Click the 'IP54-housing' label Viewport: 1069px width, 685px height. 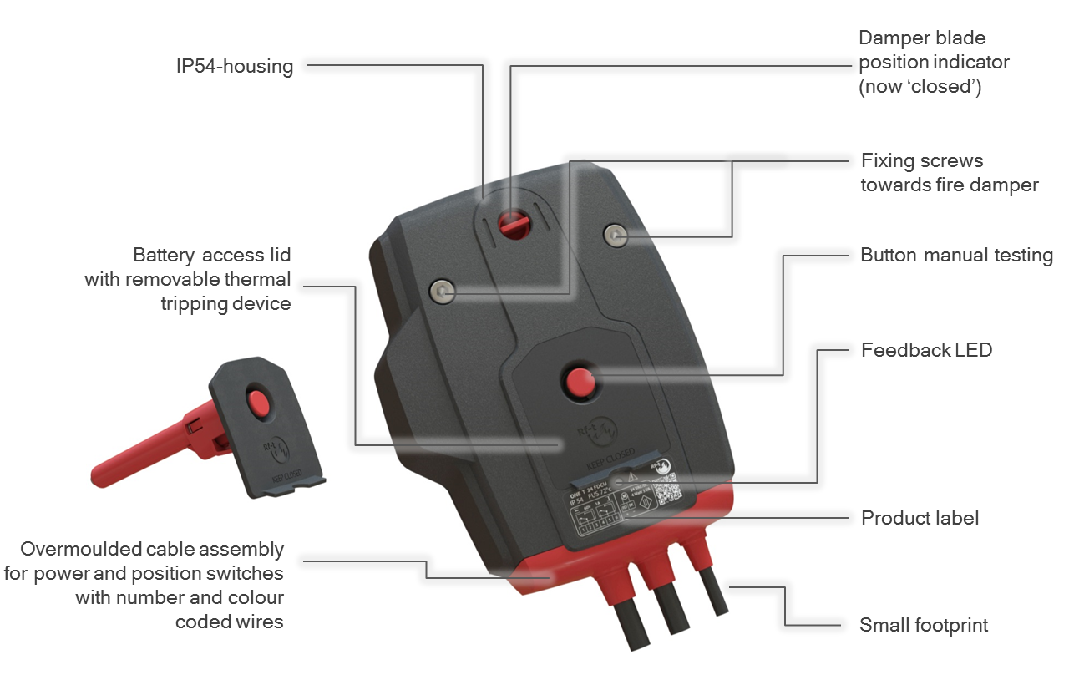235,67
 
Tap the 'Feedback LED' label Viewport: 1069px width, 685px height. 926,350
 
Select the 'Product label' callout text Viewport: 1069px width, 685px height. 920,518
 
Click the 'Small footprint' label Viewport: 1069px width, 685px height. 924,625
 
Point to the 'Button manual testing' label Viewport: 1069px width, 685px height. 956,256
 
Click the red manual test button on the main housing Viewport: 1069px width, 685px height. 578,382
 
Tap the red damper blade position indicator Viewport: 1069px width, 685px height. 509,223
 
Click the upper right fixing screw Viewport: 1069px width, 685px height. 616,235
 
